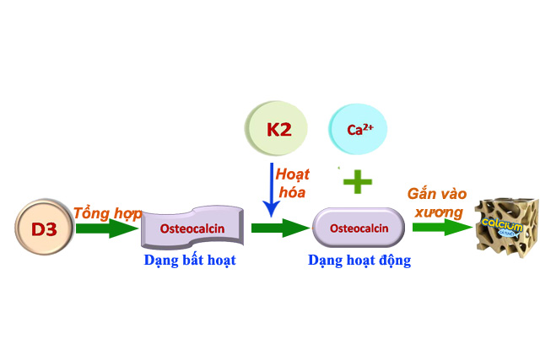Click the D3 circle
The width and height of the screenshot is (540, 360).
click(x=45, y=228)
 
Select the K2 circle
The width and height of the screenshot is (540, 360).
click(x=278, y=129)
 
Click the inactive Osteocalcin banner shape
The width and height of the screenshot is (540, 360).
click(x=192, y=228)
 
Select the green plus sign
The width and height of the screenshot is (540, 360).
click(x=357, y=180)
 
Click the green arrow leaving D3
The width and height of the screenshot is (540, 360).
click(x=105, y=228)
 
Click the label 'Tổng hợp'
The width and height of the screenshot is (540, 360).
click(x=107, y=212)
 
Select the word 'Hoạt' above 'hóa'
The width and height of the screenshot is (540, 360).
click(x=293, y=175)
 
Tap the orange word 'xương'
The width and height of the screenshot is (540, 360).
click(x=438, y=211)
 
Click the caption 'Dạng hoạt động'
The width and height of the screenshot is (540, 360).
click(x=359, y=261)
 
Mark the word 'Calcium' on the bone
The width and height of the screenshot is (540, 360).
click(x=498, y=223)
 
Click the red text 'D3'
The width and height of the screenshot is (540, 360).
click(x=45, y=228)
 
